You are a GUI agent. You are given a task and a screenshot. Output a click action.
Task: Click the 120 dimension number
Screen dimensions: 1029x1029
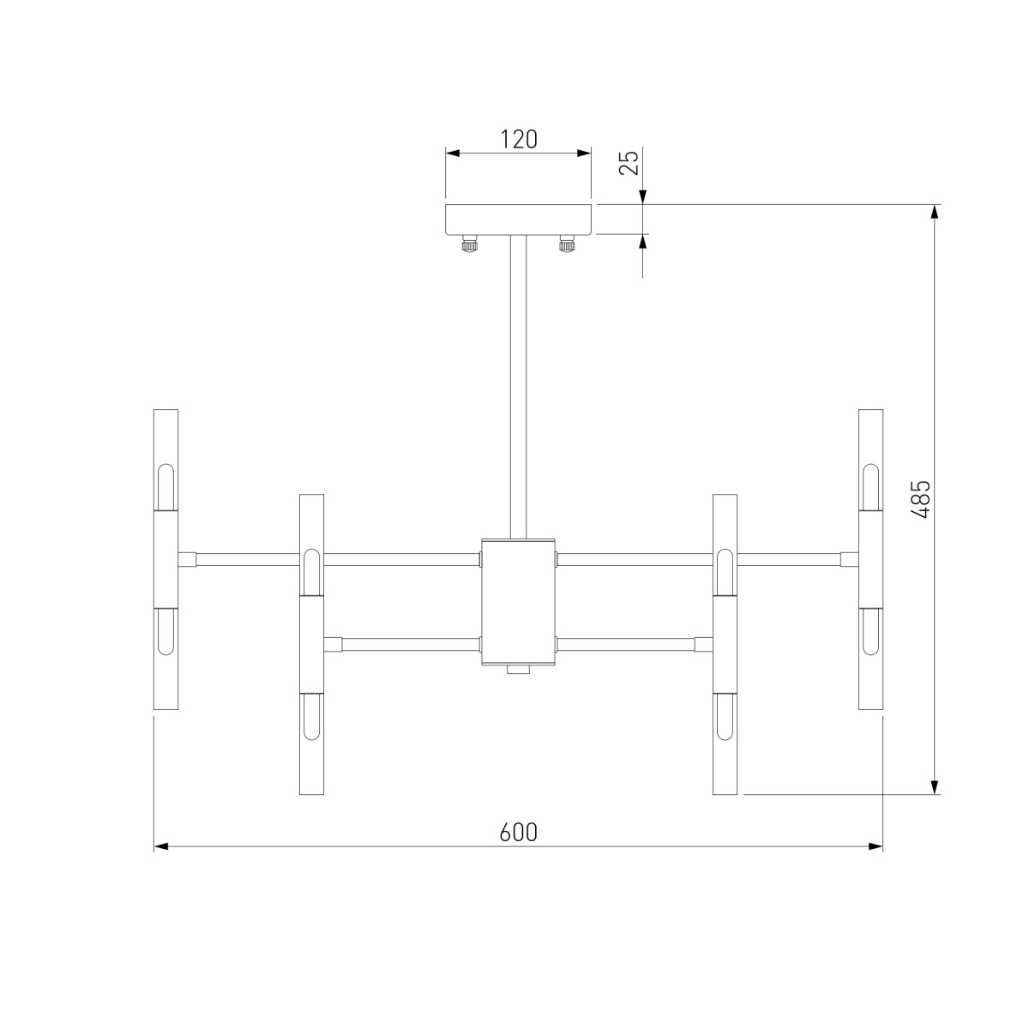pyautogui.click(x=519, y=140)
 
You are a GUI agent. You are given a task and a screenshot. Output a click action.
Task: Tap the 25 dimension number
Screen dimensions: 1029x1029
pyautogui.click(x=629, y=163)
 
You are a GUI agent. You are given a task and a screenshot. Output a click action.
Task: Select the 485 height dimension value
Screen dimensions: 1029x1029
pyautogui.click(x=920, y=499)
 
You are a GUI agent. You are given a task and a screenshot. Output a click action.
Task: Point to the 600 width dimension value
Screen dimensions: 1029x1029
pyautogui.click(x=519, y=833)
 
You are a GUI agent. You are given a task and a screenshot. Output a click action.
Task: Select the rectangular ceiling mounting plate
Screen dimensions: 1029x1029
pyautogui.click(x=519, y=219)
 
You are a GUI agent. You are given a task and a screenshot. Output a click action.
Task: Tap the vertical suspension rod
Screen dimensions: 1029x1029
pyautogui.click(x=518, y=387)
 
